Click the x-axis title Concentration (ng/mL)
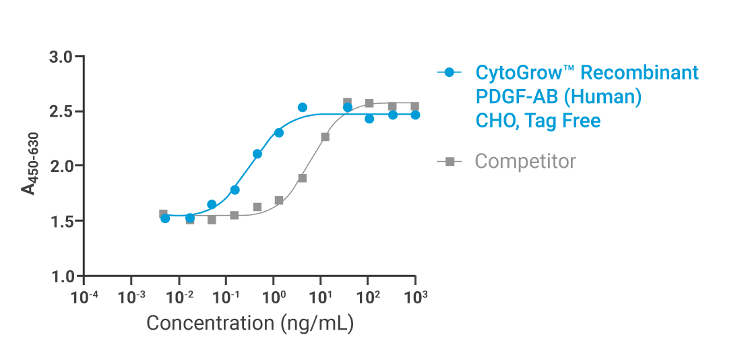pyautogui.click(x=250, y=323)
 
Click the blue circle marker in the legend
pyautogui.click(x=449, y=72)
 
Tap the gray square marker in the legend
pyautogui.click(x=449, y=162)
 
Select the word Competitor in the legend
pyautogui.click(x=525, y=162)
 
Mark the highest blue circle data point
pyautogui.click(x=303, y=107)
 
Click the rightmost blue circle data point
pyautogui.click(x=415, y=115)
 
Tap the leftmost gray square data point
pyautogui.click(x=163, y=214)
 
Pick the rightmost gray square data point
pyautogui.click(x=415, y=107)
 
